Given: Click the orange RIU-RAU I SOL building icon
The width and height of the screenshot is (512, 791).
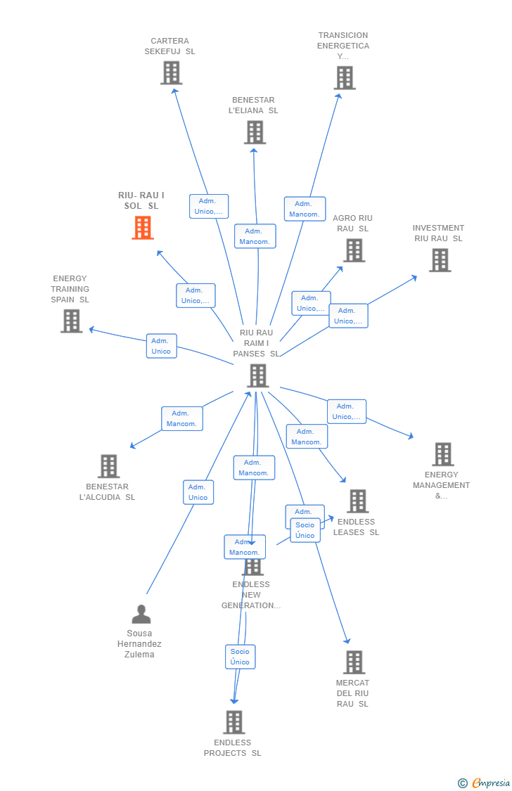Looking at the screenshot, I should pos(143,228).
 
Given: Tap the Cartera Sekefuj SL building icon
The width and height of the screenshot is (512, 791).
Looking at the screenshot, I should pos(171,72).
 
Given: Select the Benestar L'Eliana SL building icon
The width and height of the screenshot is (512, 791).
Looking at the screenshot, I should pos(255,131).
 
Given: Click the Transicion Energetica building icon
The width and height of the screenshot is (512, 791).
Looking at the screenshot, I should pos(345,77).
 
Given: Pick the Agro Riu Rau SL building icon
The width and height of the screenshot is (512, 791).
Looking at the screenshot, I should pos(354,250).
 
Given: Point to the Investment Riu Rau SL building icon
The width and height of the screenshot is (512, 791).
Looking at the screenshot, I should pos(440,260).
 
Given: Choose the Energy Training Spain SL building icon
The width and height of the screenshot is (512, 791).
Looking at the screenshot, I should pos(71,321).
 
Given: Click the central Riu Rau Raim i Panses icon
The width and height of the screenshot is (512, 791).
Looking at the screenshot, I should pos(257,375).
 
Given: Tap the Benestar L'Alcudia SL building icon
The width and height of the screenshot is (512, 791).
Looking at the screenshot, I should pos(108,465).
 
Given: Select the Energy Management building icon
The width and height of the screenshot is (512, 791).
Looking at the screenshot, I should pos(442,454).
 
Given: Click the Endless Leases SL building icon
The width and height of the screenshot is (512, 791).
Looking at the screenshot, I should pos(357,501).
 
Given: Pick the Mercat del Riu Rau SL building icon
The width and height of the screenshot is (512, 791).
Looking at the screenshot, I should pos(354,662).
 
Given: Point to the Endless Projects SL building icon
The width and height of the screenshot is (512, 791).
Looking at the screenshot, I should pos(233,722).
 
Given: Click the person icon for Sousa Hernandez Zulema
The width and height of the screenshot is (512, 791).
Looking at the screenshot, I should pos(141,615).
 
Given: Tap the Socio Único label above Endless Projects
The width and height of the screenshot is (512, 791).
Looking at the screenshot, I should pos(240,657).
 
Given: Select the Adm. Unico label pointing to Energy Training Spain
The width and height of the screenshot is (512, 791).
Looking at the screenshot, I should pos(161,346).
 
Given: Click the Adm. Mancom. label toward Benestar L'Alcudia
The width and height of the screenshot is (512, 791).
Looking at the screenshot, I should pos(181,418).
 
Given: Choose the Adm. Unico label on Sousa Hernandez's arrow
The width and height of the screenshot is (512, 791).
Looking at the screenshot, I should pos(198,492).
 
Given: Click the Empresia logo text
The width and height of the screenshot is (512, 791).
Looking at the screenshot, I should pos(491,783).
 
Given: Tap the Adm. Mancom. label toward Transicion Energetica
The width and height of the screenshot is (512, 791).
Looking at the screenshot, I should pos(305,209).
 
